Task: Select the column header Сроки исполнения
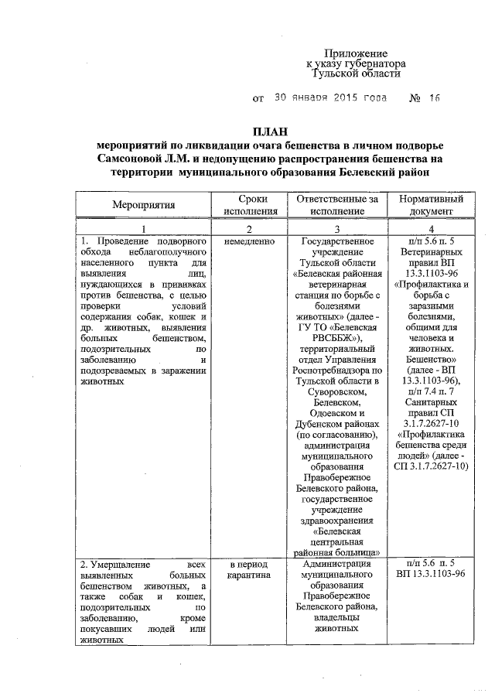click(x=248, y=205)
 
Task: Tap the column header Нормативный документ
click(x=430, y=205)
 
